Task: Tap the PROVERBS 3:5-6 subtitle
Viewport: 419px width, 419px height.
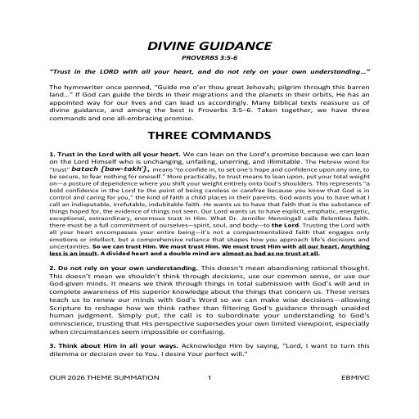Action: pos(209,58)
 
